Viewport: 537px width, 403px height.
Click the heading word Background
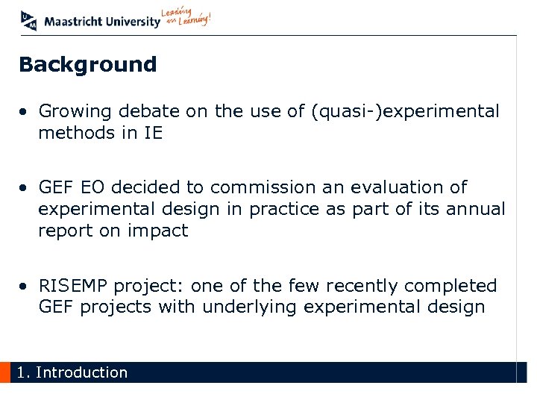88,65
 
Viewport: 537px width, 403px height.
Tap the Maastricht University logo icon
29,20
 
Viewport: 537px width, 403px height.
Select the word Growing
72,112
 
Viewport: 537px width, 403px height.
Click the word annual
474,209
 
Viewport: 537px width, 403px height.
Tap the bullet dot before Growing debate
25,113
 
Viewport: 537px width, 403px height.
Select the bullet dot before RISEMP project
25,287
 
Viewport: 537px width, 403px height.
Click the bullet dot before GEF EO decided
25,188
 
